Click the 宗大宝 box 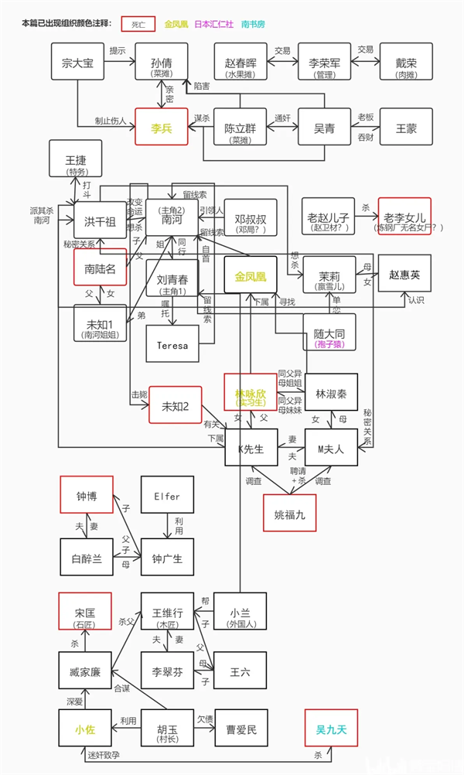(77, 63)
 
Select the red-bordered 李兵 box (162, 126)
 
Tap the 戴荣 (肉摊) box (406, 63)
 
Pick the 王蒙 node (406, 126)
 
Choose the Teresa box (172, 344)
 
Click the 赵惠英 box (404, 274)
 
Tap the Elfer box (167, 496)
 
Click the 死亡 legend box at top (136, 24)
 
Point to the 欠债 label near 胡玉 (204, 719)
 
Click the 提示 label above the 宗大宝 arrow (118, 51)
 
